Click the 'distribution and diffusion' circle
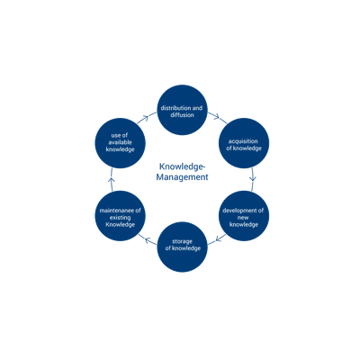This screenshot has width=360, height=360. pyautogui.click(x=182, y=110)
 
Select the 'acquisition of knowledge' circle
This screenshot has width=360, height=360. pyautogui.click(x=244, y=143)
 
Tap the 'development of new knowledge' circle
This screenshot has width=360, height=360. pyautogui.click(x=244, y=216)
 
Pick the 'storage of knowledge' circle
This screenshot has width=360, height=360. pyautogui.click(x=182, y=247)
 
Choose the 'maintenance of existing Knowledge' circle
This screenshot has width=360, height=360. pyautogui.click(x=121, y=216)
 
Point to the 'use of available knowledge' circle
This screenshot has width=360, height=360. pyautogui.click(x=121, y=143)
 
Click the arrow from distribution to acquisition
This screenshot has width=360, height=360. pyautogui.click(x=218, y=118)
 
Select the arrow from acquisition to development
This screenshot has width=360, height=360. pyautogui.click(x=253, y=179)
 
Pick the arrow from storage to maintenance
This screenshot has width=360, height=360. pyautogui.click(x=148, y=239)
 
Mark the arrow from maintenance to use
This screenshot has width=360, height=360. pyautogui.click(x=112, y=179)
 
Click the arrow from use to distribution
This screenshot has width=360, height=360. pyautogui.click(x=147, y=118)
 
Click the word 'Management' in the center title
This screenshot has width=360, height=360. pyautogui.click(x=182, y=177)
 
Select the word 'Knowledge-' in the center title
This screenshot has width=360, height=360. pyautogui.click(x=182, y=166)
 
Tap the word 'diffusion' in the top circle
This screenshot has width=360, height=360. pyautogui.click(x=182, y=115)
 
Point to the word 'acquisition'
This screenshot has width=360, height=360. pyautogui.click(x=243, y=141)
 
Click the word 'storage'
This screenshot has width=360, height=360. pyautogui.click(x=182, y=241)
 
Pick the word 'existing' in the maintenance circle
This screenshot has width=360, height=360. pyautogui.click(x=120, y=218)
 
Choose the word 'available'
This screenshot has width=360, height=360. pyautogui.click(x=120, y=142)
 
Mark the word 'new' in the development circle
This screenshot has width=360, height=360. pyautogui.click(x=243, y=218)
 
